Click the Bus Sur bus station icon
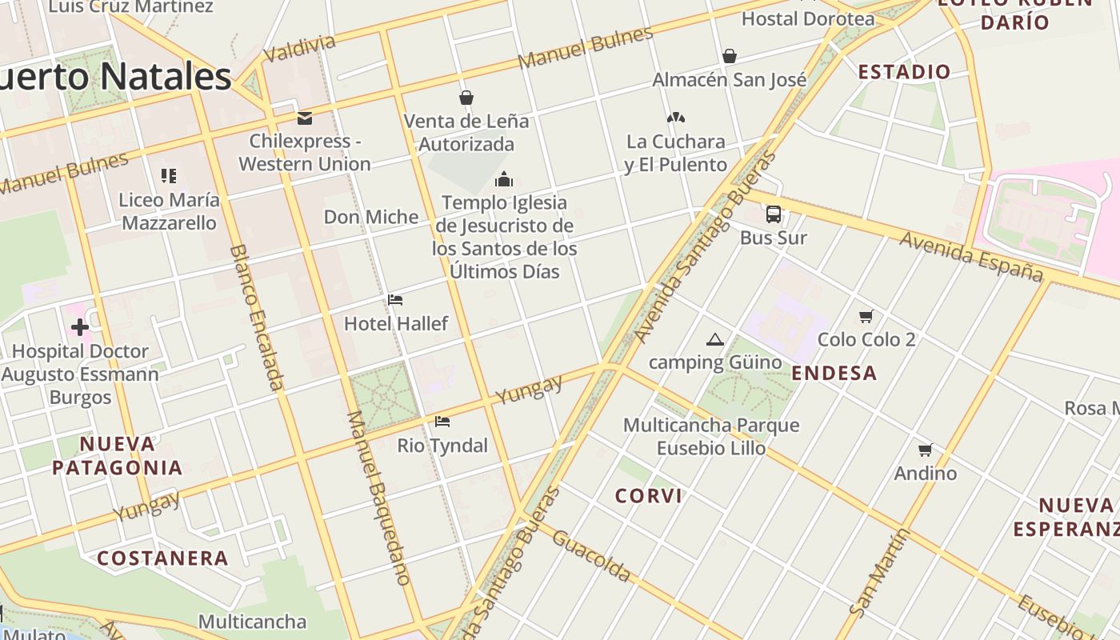coord(773,214)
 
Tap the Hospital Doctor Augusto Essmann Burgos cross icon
coord(80,327)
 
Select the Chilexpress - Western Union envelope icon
coord(304,118)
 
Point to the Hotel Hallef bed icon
coord(395,300)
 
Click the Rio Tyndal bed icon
coord(442,422)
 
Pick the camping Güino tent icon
coord(715,339)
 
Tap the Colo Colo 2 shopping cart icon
coord(866,316)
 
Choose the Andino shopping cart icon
coord(926,450)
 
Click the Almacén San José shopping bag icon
coord(730,56)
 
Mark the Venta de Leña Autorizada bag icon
coord(466,98)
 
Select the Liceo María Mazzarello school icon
coord(168,176)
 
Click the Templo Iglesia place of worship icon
coord(504,179)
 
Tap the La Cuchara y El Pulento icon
coord(676,118)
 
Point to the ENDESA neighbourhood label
coord(834,373)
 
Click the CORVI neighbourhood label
coord(649,496)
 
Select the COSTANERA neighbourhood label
coord(163,558)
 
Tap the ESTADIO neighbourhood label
coord(904,72)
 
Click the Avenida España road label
coord(972,257)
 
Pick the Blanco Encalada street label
coord(257,318)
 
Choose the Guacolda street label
coord(591,556)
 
